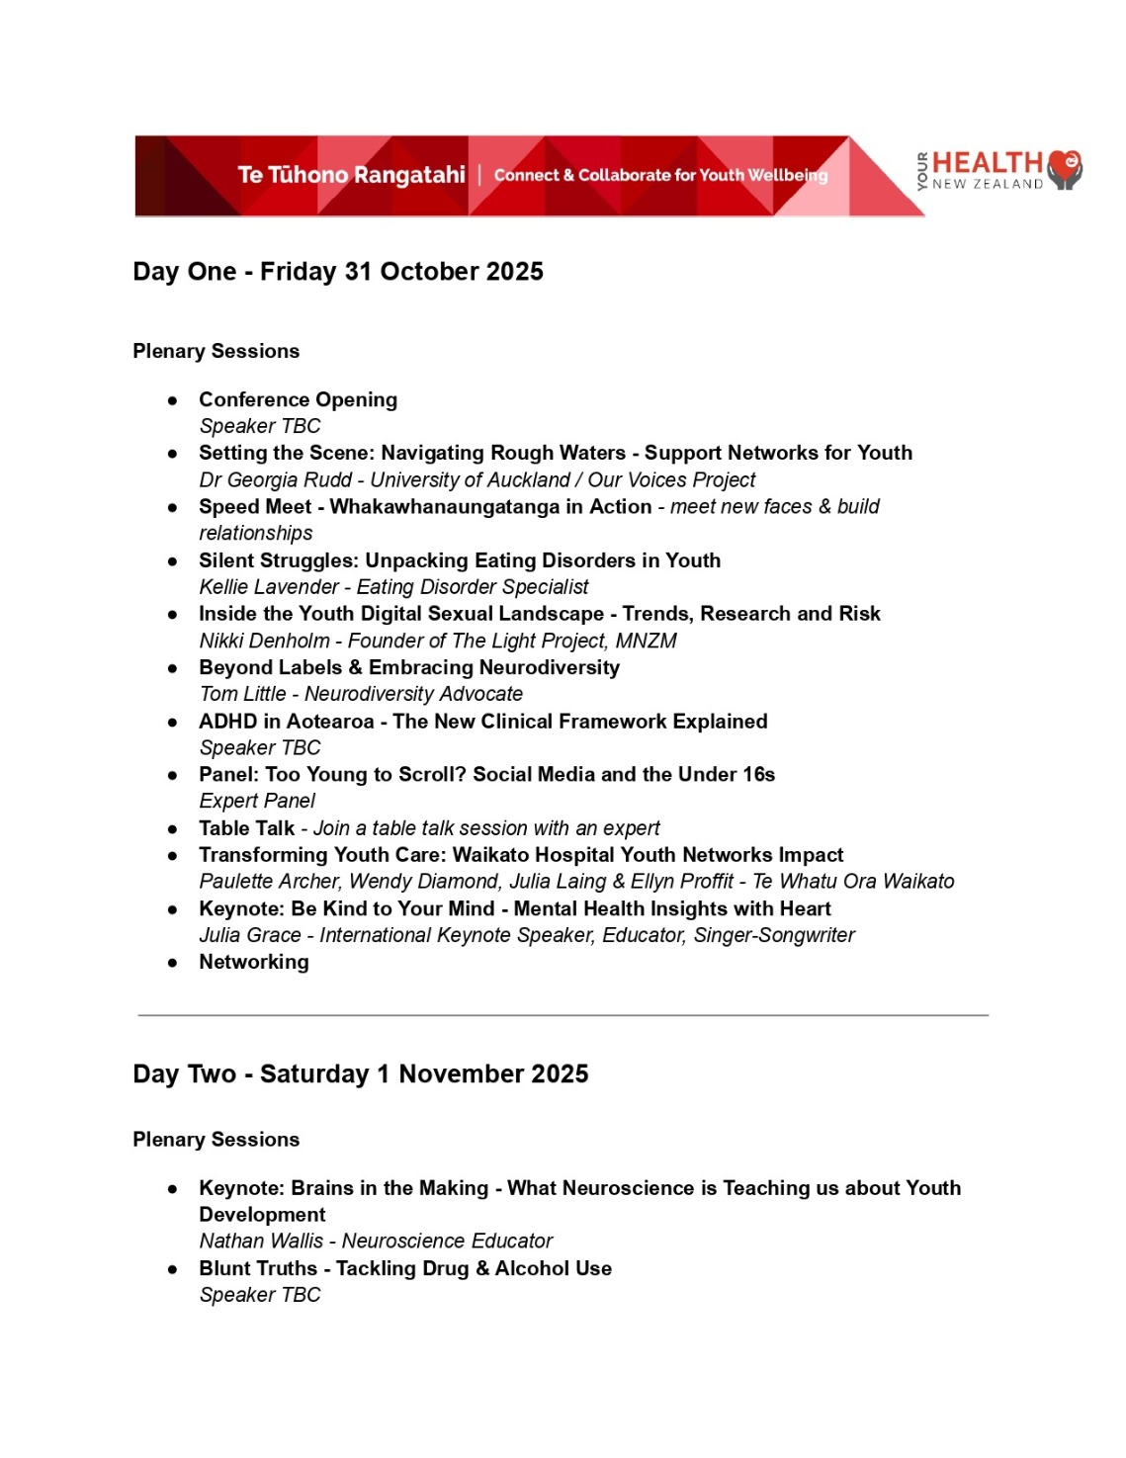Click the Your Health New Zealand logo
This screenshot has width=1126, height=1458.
point(998,171)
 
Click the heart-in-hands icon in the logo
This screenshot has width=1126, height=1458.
point(1065,170)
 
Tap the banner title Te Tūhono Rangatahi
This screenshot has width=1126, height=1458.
point(351,175)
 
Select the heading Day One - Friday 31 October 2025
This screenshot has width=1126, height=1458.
point(338,272)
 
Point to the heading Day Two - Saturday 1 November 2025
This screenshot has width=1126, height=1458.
point(361,1074)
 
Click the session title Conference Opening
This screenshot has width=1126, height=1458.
point(298,399)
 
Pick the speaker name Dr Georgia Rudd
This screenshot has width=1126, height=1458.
point(275,480)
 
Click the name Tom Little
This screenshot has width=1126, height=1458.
point(242,694)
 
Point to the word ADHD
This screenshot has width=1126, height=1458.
point(227,722)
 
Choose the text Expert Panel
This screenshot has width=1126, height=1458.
point(257,801)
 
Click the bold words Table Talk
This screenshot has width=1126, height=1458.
point(246,828)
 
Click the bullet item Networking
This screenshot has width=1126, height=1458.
point(254,962)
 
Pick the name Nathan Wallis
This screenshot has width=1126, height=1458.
point(261,1241)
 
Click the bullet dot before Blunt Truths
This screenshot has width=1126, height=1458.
point(173,1269)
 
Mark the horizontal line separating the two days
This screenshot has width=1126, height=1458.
point(563,1015)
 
